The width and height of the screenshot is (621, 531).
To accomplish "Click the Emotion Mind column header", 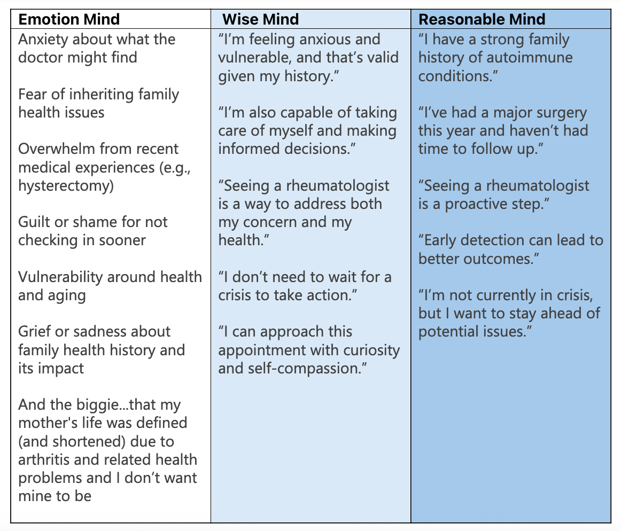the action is click(69, 20).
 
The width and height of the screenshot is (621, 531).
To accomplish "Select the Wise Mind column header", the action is click(260, 20).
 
